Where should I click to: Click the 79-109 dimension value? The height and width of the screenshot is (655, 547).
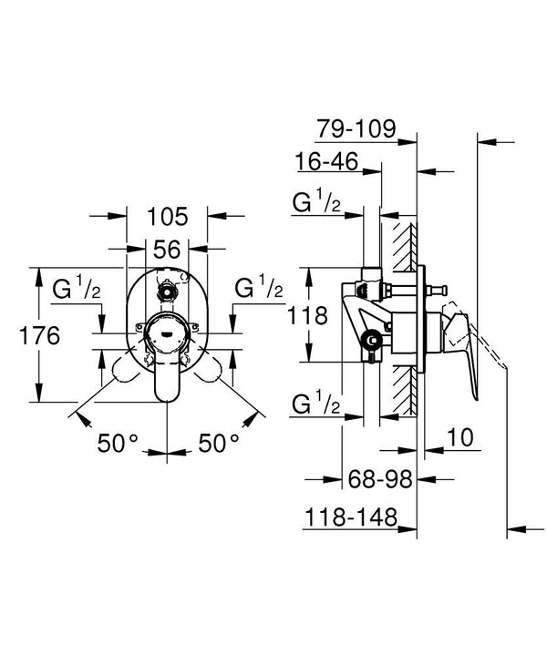click(x=356, y=128)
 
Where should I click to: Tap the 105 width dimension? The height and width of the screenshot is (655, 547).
click(x=167, y=217)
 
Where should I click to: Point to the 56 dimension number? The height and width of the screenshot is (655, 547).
click(x=167, y=250)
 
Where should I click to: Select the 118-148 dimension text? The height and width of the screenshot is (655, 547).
click(x=350, y=518)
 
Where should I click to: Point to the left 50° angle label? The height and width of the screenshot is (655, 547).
click(x=118, y=445)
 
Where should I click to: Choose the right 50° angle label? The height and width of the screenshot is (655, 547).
click(x=218, y=445)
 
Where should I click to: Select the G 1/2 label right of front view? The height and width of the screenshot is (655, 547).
click(x=259, y=290)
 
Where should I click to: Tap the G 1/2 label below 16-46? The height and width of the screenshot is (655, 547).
click(x=316, y=204)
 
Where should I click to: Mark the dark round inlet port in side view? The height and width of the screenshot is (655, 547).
click(x=372, y=341)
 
